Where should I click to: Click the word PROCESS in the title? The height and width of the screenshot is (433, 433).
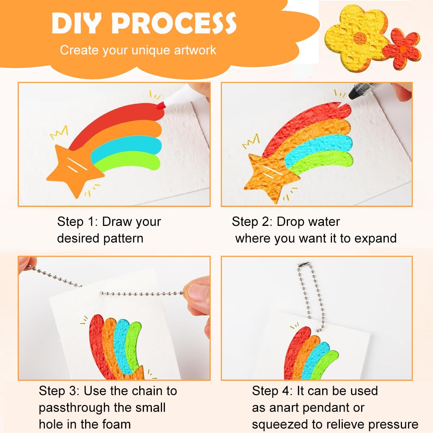174,23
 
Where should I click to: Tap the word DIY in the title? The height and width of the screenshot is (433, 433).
78,23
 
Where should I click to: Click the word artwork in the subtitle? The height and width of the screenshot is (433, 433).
195,50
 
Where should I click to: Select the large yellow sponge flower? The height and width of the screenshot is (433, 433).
356,37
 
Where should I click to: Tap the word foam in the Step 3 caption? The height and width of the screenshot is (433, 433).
117,424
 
